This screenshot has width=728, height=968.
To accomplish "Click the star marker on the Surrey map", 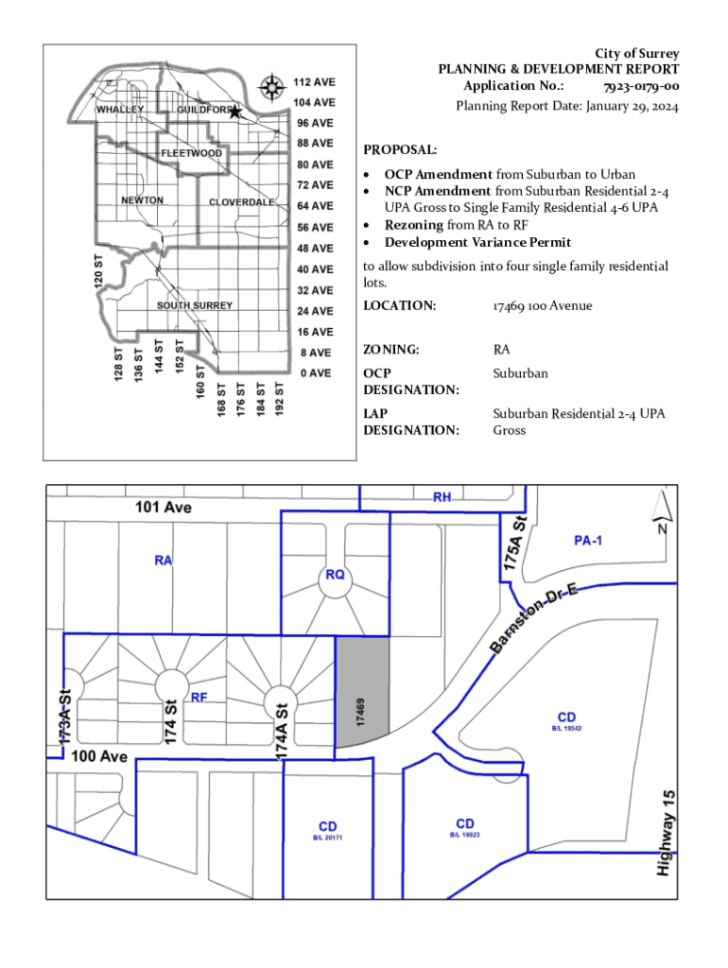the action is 234,112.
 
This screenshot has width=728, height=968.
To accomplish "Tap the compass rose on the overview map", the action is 271,87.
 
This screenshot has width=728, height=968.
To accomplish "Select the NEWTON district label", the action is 142,200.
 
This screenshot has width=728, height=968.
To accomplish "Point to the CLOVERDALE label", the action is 241,202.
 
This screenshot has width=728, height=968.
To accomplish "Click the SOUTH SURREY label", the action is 195,305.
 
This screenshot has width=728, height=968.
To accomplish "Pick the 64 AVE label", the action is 315,205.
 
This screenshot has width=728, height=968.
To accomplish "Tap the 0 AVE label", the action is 316,372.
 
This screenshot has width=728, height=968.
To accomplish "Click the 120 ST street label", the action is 98,271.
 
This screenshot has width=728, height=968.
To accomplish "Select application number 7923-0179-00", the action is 641,86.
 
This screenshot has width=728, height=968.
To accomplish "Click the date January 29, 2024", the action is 632,106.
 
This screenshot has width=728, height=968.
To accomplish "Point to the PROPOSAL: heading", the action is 400,149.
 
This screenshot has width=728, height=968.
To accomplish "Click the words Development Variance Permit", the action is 477,242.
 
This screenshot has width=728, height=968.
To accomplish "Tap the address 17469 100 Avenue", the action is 542,305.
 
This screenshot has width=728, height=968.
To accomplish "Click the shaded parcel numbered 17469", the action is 362,692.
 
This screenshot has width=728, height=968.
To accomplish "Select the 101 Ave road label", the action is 163,507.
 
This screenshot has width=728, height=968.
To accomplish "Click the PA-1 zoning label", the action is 588,540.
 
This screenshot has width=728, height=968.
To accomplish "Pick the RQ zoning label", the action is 335,575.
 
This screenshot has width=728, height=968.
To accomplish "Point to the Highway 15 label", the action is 666,833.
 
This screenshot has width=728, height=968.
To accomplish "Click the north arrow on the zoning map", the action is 662,511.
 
